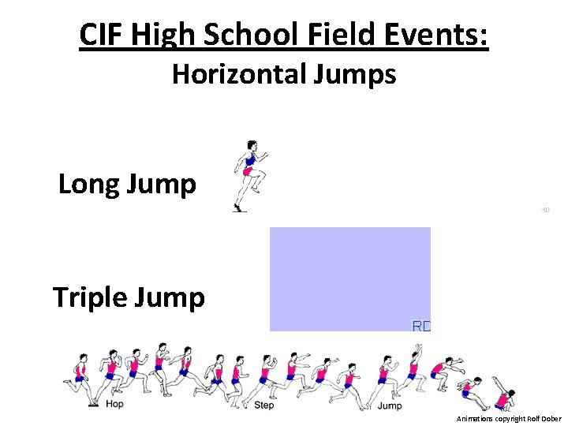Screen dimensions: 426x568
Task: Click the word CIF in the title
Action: click(103, 35)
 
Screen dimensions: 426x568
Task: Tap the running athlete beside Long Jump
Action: click(248, 176)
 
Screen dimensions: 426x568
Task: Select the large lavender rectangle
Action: click(349, 278)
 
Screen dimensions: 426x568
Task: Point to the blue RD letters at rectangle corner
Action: click(422, 325)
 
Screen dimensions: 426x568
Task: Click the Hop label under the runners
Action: click(114, 405)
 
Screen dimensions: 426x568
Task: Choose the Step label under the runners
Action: click(263, 405)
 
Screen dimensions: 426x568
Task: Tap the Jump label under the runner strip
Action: click(389, 405)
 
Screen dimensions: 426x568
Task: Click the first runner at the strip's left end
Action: click(80, 377)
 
